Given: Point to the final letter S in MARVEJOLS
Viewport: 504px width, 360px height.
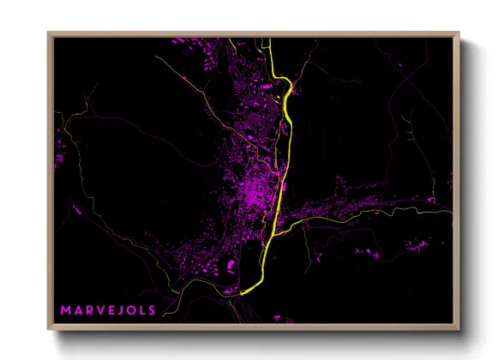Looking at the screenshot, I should pyautogui.click(x=152, y=309).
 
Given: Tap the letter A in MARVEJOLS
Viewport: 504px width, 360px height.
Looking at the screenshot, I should pyautogui.click(x=76, y=309).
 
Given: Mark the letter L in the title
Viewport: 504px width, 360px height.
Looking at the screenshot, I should pyautogui.click(x=141, y=309).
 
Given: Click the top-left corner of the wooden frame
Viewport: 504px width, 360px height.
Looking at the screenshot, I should pyautogui.click(x=50, y=34).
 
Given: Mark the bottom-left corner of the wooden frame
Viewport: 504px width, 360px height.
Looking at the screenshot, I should pyautogui.click(x=50, y=328).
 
